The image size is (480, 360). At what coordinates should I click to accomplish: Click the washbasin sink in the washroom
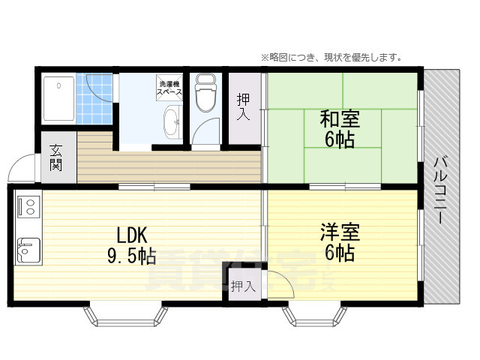click(172, 121)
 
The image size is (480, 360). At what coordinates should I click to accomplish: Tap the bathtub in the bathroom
click(58, 97)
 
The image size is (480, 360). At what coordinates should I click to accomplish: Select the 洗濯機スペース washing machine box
click(169, 87)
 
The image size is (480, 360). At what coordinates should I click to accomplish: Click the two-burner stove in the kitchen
click(28, 205)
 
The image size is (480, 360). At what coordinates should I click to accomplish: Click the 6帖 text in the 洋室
click(340, 253)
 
